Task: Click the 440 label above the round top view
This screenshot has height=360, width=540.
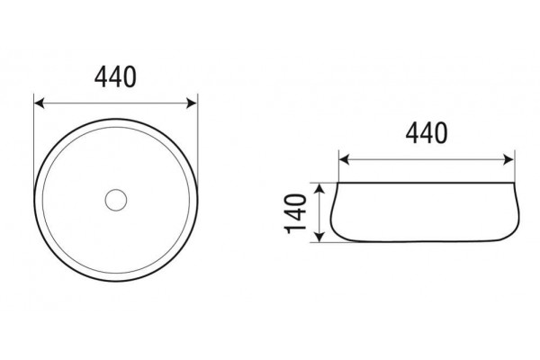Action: coord(115,77)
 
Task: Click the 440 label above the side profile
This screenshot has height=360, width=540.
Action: coord(427,133)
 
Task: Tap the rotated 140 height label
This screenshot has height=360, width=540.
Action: coord(295,213)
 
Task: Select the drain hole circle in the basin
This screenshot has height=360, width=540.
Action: coord(116,200)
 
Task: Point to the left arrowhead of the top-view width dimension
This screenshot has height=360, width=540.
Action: coord(40,103)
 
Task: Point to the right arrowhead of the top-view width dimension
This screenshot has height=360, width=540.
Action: coord(192,103)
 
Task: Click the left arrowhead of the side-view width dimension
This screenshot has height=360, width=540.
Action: coord(344,160)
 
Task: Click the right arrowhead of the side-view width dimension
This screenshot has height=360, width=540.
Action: coord(508,160)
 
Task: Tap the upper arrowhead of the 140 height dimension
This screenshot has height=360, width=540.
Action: coord(319,189)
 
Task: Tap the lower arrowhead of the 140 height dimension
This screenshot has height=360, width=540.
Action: coord(319,237)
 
